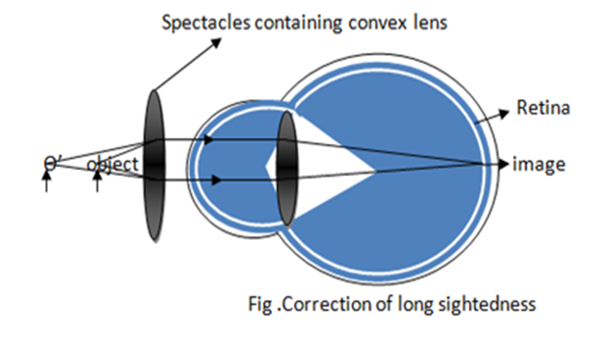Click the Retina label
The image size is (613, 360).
tap(542, 109)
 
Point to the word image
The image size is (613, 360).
tap(539, 164)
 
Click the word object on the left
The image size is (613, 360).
tap(113, 164)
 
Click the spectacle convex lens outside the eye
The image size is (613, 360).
tap(154, 166)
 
